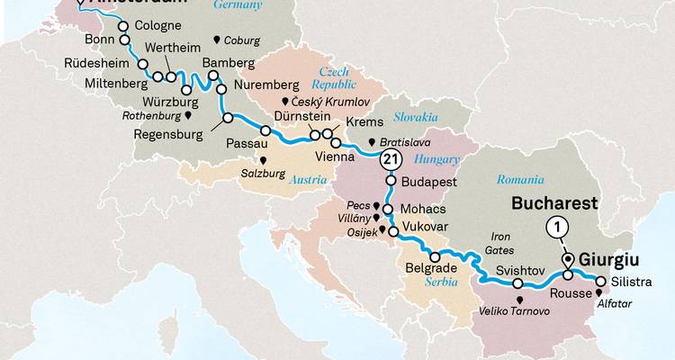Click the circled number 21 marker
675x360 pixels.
[x=390, y=160]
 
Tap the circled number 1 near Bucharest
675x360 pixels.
[x=557, y=228]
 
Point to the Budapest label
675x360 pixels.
[x=429, y=182]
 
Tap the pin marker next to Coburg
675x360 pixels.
[x=216, y=40]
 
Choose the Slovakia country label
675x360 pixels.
[x=413, y=117]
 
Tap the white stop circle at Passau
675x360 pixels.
[x=265, y=131]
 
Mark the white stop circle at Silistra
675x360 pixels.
[x=600, y=281]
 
